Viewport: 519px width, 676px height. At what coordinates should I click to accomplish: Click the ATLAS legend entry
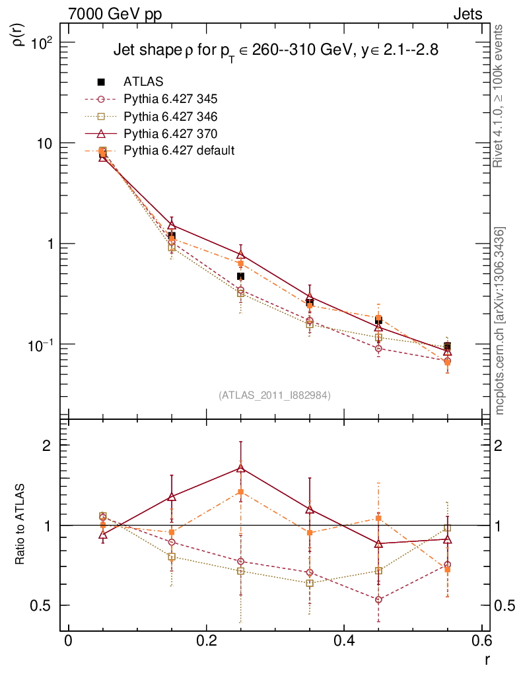[x=143, y=82]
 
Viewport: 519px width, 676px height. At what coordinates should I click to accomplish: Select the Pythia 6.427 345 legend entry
[x=170, y=99]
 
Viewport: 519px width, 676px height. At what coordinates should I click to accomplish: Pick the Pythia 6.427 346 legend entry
[x=170, y=116]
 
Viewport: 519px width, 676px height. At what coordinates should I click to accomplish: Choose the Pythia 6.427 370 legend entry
[x=170, y=133]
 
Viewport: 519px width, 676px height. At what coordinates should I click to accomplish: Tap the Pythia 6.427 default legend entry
[x=178, y=151]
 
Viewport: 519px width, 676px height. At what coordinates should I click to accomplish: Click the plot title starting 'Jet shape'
[x=275, y=50]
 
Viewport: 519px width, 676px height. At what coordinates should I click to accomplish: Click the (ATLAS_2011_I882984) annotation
[x=275, y=395]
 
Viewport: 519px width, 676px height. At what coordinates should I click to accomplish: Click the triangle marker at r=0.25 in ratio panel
[x=240, y=469]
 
